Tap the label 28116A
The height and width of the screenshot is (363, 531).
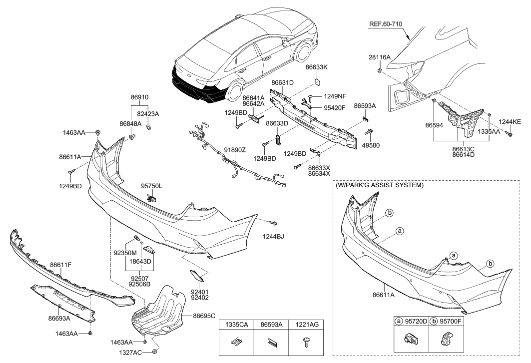coord(381,58)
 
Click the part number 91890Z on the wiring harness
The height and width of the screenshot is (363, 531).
coord(234,149)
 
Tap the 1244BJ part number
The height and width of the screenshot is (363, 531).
coord(273,236)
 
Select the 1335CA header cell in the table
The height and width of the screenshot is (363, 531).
coord(237,325)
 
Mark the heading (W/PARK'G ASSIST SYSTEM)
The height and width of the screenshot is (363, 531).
coord(380,185)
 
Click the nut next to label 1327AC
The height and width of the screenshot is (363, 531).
coord(154,352)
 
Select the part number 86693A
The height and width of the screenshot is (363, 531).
coord(59,318)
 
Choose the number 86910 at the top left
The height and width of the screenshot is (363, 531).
coord(140,97)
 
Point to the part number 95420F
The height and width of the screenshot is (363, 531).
coord(334,106)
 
